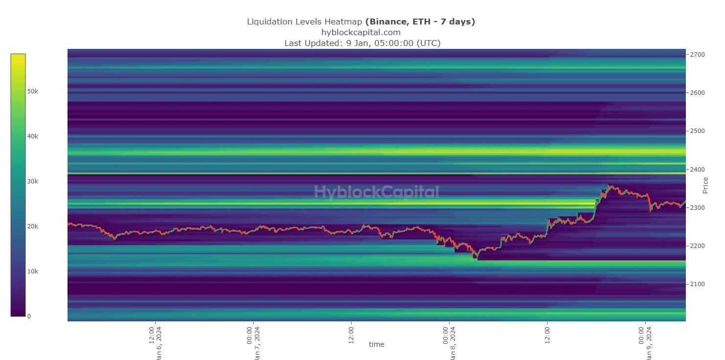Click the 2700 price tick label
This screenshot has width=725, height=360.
pos(698,55)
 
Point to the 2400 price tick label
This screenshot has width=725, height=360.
pos(698,170)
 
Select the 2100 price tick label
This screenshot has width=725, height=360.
pos(698,284)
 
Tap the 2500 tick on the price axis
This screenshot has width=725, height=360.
pos(698,131)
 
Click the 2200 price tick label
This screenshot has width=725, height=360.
pos(698,246)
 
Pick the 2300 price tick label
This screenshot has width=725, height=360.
pos(698,208)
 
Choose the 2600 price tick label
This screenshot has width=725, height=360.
pos(698,93)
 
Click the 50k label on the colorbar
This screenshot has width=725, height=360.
pos(33,91)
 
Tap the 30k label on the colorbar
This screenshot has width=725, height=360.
pos(33,181)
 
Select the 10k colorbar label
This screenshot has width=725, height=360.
pos(33,271)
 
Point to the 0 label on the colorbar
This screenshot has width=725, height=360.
pos(29,316)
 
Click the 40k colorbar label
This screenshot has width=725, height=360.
pos(33,136)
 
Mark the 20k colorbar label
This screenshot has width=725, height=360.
pos(33,226)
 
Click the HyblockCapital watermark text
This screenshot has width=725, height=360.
pos(376,192)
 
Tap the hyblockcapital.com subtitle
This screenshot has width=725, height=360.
pos(361,32)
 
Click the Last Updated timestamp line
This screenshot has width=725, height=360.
pos(362,43)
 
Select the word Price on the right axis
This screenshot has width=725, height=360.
pos(705,185)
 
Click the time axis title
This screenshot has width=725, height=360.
pos(376,344)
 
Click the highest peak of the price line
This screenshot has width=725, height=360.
pos(609,185)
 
